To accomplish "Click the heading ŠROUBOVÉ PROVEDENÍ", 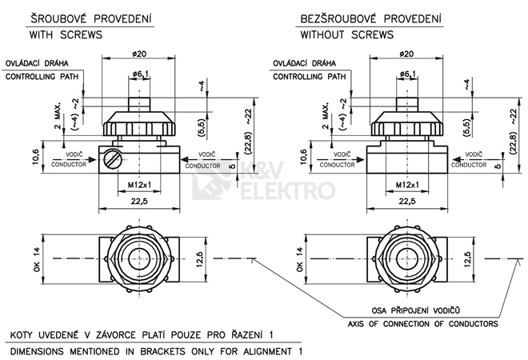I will click(x=80, y=18).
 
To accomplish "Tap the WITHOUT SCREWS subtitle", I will click(x=346, y=36).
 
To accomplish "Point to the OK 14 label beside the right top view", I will click(x=302, y=259).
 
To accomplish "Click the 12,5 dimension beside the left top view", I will click(x=202, y=259).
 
